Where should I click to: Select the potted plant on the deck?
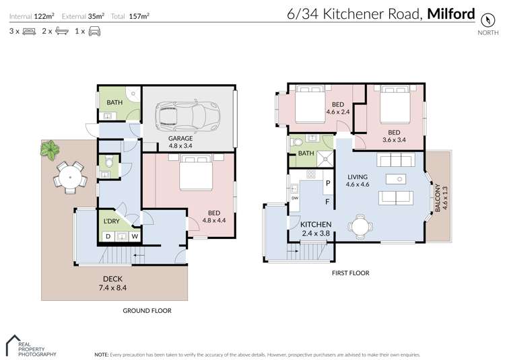pos(49,149)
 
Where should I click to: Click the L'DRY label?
pos(111,221)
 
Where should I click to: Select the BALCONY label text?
pos(437,199)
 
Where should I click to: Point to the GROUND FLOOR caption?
pos(146,311)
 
